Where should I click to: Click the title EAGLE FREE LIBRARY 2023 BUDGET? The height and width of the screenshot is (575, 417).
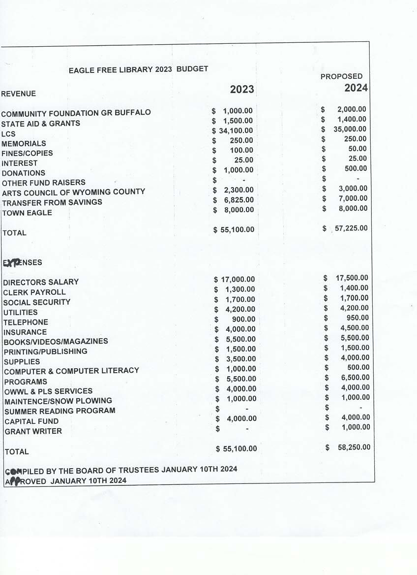(138, 69)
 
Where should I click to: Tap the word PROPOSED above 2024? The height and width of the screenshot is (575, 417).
(341, 76)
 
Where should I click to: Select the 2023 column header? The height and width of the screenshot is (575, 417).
(242, 89)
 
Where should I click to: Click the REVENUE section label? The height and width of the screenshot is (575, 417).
(19, 94)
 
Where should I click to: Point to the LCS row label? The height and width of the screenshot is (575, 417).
(8, 134)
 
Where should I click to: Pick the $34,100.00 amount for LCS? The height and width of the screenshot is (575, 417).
(233, 130)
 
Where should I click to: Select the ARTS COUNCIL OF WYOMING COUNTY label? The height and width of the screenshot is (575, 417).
(74, 192)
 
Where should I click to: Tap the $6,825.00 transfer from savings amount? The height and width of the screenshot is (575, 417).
(234, 200)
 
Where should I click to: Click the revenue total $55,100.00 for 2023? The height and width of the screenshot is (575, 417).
(234, 229)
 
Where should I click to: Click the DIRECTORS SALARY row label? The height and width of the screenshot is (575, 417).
(41, 282)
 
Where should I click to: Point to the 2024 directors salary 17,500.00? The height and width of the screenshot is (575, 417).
(352, 278)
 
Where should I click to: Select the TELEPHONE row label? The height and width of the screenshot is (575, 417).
(26, 322)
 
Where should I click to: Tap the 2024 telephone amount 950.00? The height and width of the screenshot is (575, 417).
(357, 318)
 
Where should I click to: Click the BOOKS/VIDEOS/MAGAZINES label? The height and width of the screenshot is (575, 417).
(56, 341)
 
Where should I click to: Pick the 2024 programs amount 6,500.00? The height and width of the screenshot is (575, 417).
(355, 378)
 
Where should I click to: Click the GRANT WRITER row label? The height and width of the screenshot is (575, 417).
(33, 431)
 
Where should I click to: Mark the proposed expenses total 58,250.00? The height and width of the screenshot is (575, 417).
(354, 447)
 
